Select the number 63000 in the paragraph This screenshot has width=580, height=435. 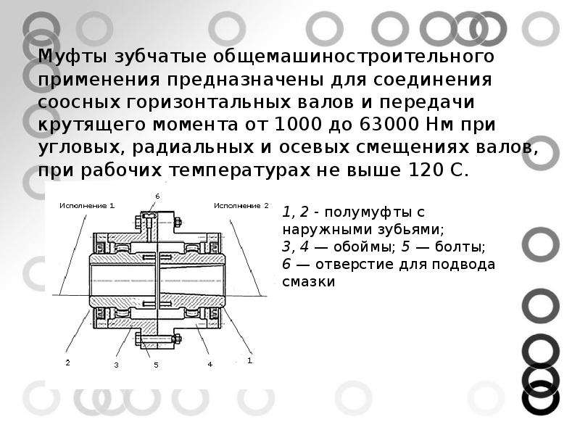click(x=388, y=124)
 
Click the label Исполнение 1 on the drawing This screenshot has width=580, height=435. click(x=87, y=206)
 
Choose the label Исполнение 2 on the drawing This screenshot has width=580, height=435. click(x=241, y=206)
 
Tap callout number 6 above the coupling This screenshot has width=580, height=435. click(x=157, y=196)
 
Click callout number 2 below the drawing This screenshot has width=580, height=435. click(x=67, y=362)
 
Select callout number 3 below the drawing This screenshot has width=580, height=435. click(x=116, y=365)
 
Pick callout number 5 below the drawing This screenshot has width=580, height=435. click(x=156, y=365)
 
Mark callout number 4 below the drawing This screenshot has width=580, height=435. click(x=210, y=365)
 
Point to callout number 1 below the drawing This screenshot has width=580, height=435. click(x=250, y=360)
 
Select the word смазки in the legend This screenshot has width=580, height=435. click(x=309, y=282)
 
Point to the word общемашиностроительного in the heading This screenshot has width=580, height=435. click(x=354, y=57)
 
